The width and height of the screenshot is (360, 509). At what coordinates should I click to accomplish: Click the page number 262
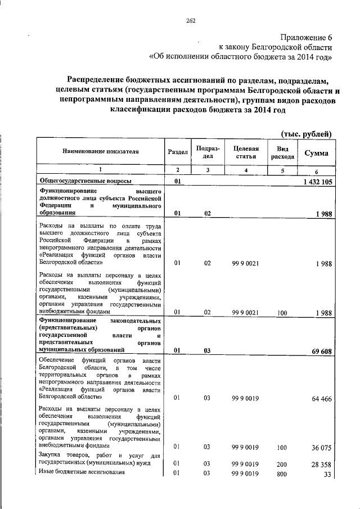click(x=190, y=21)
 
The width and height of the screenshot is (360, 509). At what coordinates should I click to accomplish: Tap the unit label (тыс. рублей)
click(x=307, y=133)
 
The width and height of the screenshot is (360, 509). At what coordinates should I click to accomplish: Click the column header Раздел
click(x=177, y=152)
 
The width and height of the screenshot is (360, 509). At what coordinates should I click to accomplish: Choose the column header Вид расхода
click(x=282, y=152)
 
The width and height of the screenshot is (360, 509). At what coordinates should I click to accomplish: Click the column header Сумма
click(x=317, y=153)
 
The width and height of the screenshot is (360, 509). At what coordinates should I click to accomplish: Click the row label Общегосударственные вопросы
click(x=85, y=181)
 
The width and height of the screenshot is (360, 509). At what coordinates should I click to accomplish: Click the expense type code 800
click(x=282, y=474)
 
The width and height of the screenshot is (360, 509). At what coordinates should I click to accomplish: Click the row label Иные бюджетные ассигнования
click(x=82, y=471)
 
